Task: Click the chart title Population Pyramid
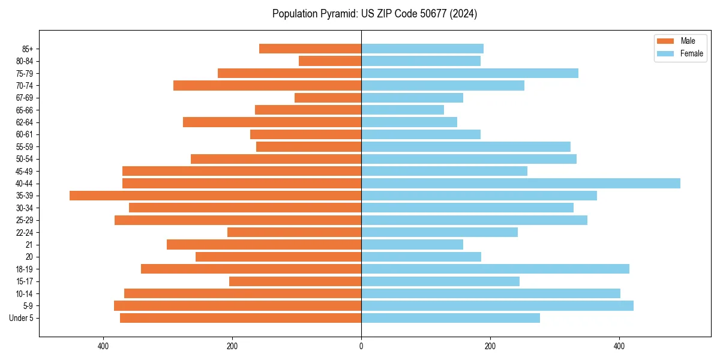tap(374, 14)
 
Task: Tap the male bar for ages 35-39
tap(215, 196)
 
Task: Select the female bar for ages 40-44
tap(521, 184)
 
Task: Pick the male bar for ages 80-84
tap(330, 61)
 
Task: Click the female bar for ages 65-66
tap(403, 110)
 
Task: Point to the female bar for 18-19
tap(495, 269)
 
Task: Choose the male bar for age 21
tap(264, 245)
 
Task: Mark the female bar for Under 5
tap(451, 318)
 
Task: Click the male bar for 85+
tap(310, 49)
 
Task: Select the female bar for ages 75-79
tap(470, 73)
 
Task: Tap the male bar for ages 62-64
tap(272, 122)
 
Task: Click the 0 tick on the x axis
tap(361, 346)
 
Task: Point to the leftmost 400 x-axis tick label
tap(103, 346)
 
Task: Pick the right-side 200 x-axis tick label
tap(490, 346)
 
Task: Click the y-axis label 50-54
tap(25, 159)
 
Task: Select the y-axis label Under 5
tap(22, 318)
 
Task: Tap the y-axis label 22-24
tap(25, 233)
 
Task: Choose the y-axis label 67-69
tap(25, 98)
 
